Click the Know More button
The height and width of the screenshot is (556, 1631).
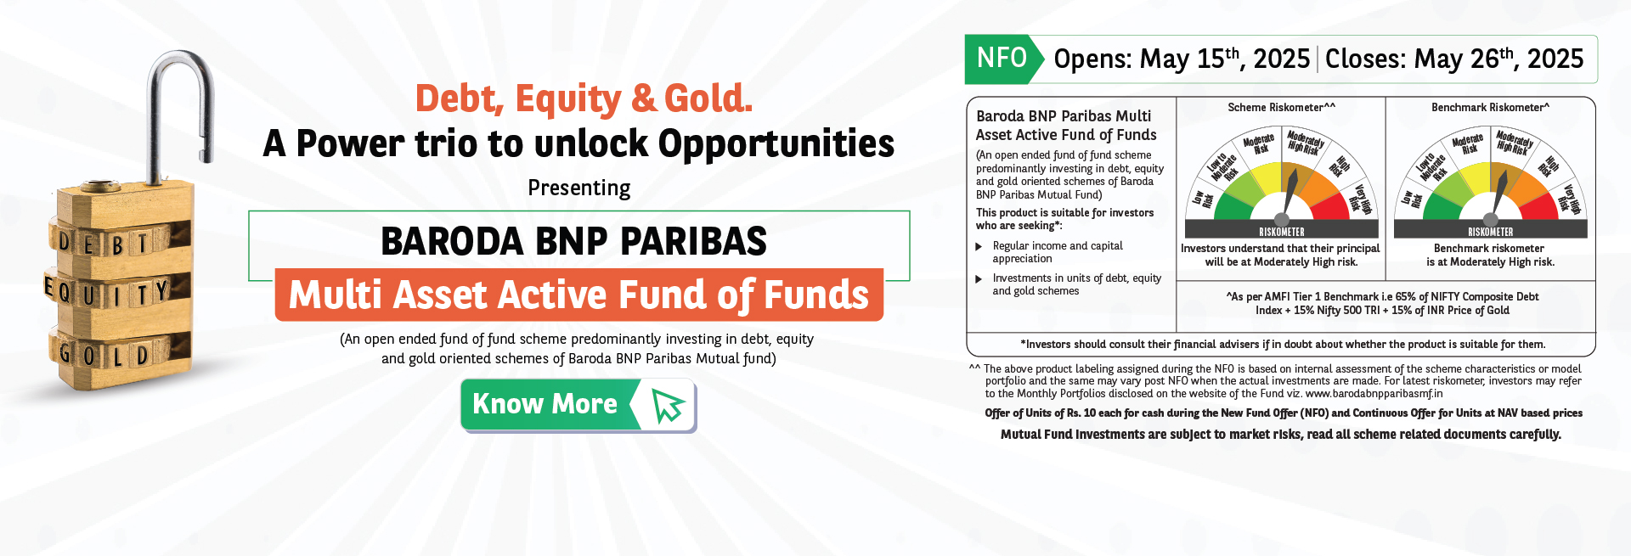[578, 405]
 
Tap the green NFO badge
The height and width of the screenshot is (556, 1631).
[1002, 59]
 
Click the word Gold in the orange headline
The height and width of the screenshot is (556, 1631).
[708, 98]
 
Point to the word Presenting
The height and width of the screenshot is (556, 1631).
[579, 188]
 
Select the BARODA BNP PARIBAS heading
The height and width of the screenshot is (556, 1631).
[574, 241]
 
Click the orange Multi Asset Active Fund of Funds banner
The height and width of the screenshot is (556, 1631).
[578, 295]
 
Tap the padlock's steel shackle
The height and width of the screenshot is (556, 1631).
[180, 102]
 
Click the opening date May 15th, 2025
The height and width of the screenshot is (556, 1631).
[1225, 59]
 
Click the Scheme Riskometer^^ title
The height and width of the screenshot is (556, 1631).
[1281, 108]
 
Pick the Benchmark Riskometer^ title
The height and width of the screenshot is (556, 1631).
[1491, 108]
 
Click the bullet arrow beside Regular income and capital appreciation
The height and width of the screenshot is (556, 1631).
[979, 247]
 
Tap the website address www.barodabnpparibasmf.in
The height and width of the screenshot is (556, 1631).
[1374, 394]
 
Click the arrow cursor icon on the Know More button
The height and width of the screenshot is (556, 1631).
[669, 406]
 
